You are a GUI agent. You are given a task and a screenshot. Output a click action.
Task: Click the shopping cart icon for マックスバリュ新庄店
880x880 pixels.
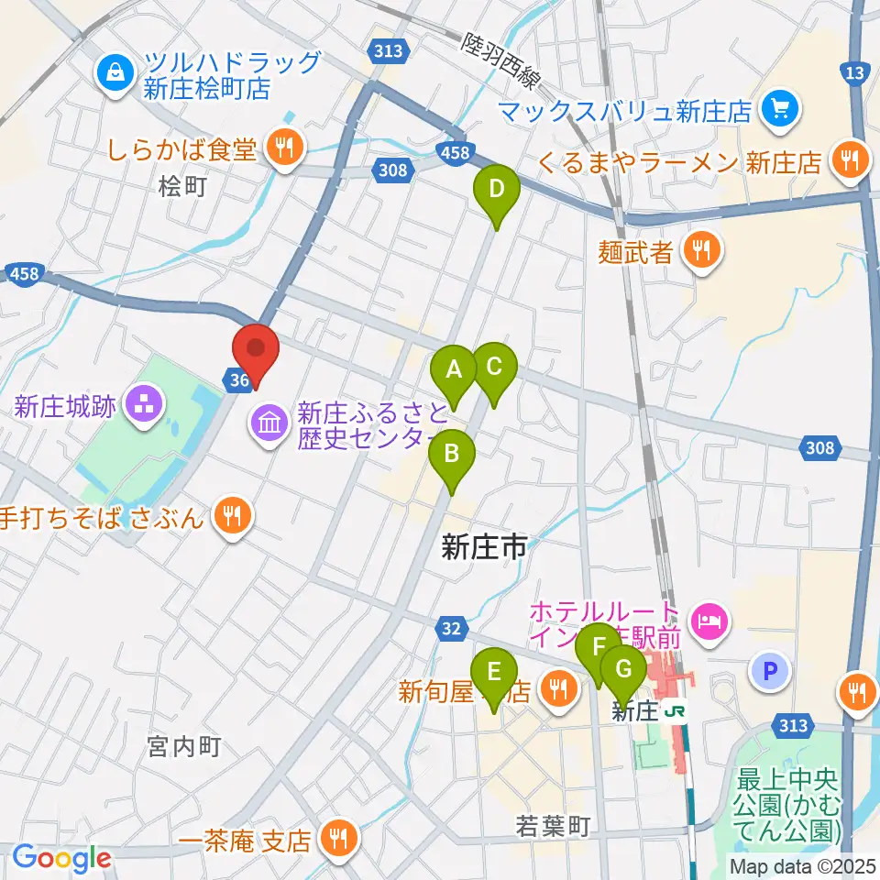tap(780, 111)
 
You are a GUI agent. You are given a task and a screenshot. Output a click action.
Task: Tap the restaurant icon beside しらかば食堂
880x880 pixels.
tap(284, 146)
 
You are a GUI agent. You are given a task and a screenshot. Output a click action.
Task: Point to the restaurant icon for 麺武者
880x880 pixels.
tap(702, 251)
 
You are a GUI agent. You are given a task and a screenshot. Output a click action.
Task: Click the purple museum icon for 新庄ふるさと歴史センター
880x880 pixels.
tap(271, 423)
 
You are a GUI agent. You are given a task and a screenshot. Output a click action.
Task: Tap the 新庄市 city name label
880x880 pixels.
tap(484, 548)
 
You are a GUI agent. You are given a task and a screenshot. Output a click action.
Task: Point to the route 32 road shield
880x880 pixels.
tap(449, 628)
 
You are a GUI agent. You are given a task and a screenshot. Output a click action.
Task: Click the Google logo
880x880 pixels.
tap(61, 858)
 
